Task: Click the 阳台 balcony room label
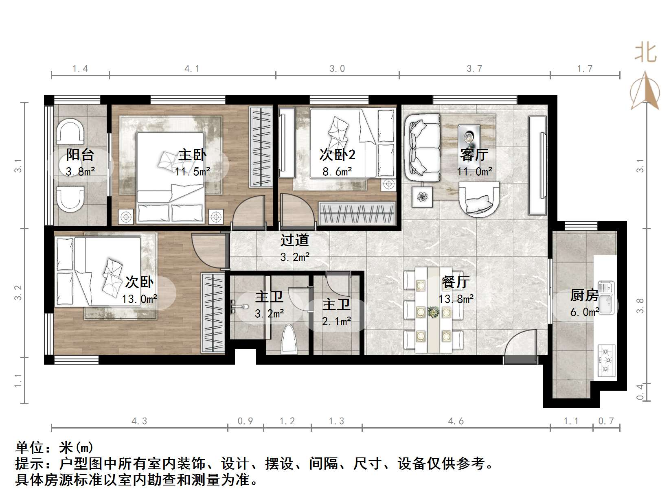tap(80, 155)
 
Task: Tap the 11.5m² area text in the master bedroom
tap(193, 171)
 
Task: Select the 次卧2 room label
tap(337, 154)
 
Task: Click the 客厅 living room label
tap(474, 155)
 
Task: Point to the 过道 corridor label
tap(294, 240)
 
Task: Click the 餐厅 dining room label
tap(456, 282)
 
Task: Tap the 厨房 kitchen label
tap(584, 295)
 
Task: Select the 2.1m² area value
tap(336, 321)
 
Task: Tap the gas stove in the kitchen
tap(606, 360)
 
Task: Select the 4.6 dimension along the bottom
tap(456, 421)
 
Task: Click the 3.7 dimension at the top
tap(474, 69)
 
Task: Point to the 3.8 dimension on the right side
tap(640, 306)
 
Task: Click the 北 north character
tap(645, 53)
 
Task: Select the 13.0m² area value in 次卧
tap(139, 300)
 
